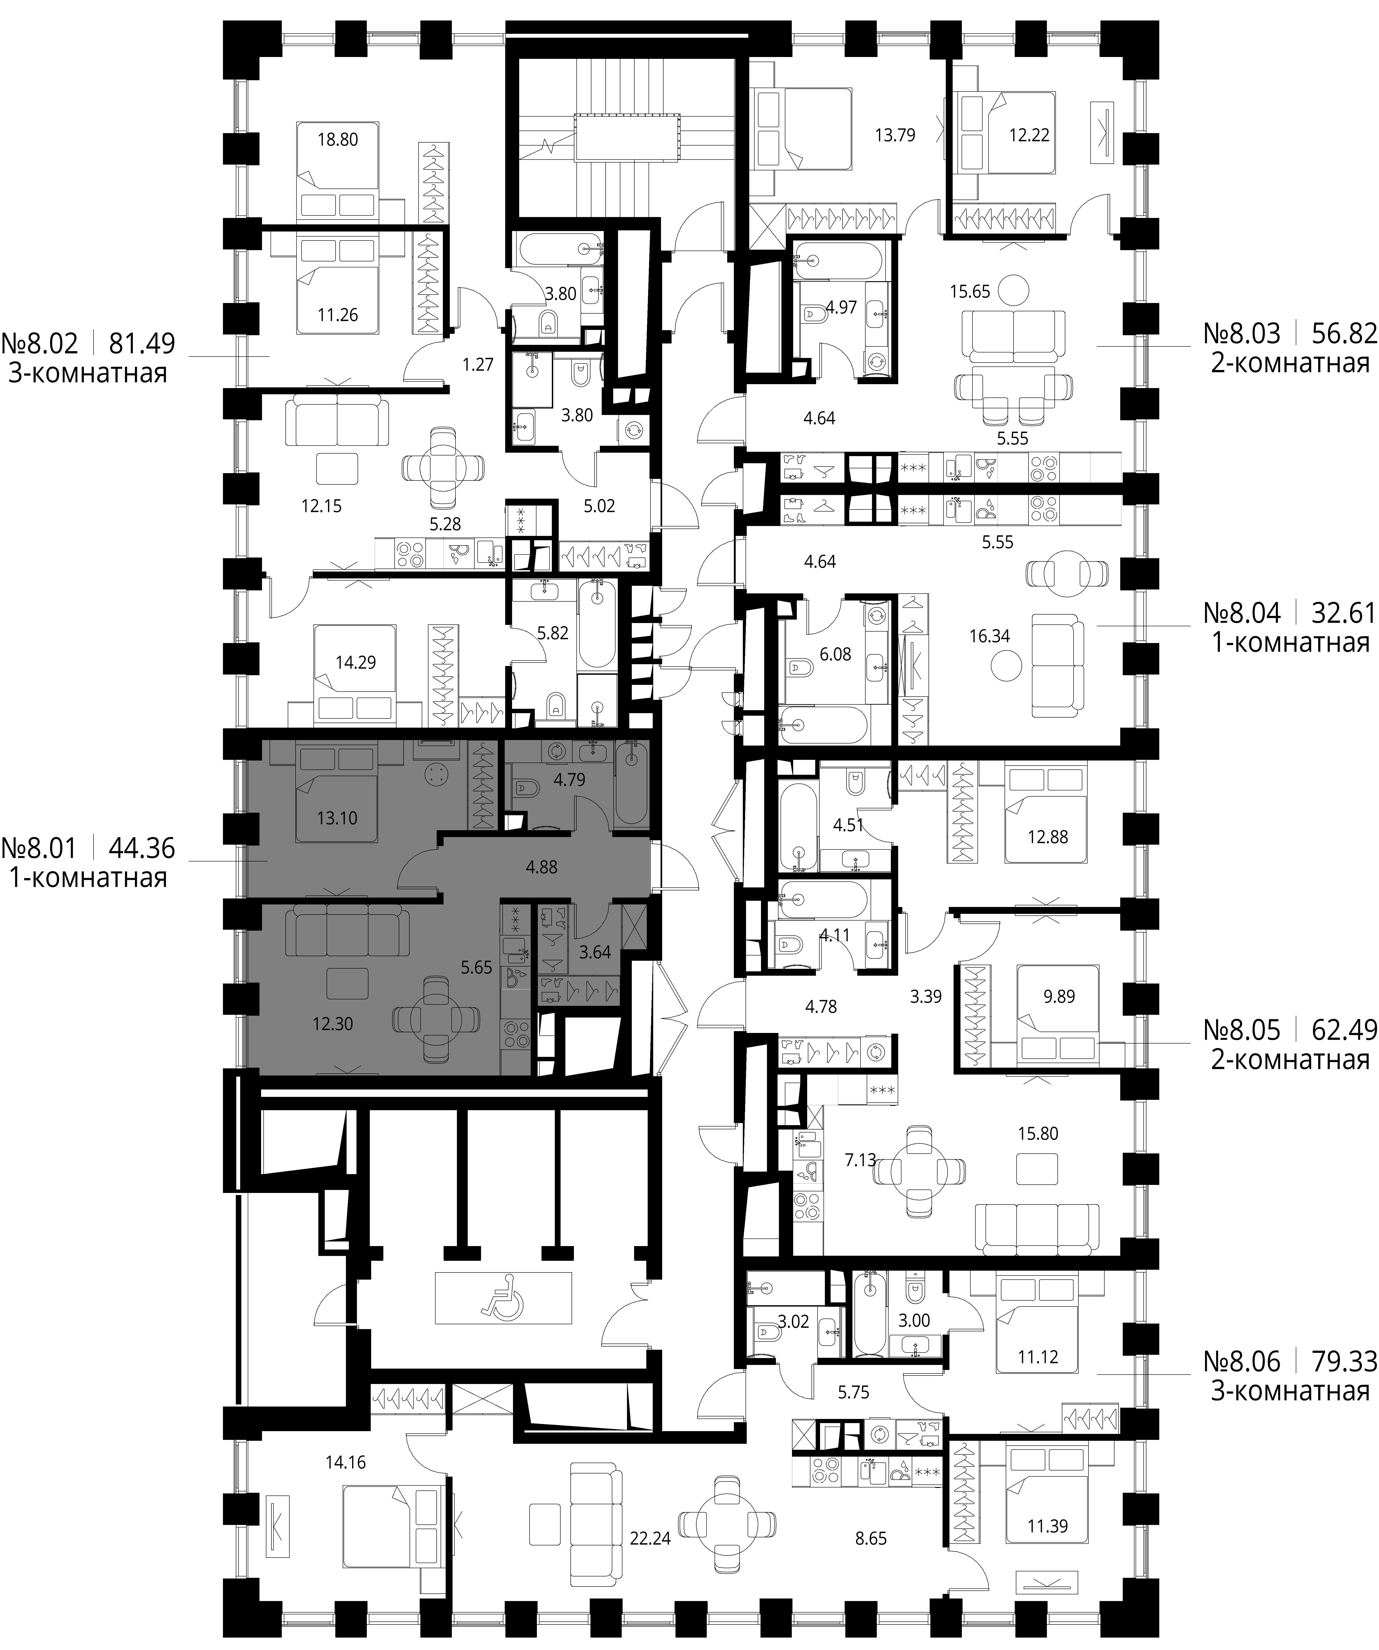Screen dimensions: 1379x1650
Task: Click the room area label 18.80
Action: pos(338,140)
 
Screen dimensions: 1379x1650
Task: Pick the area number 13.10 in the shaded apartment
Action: pos(337,818)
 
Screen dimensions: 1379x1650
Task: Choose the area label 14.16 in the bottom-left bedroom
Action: pos(345,1463)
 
